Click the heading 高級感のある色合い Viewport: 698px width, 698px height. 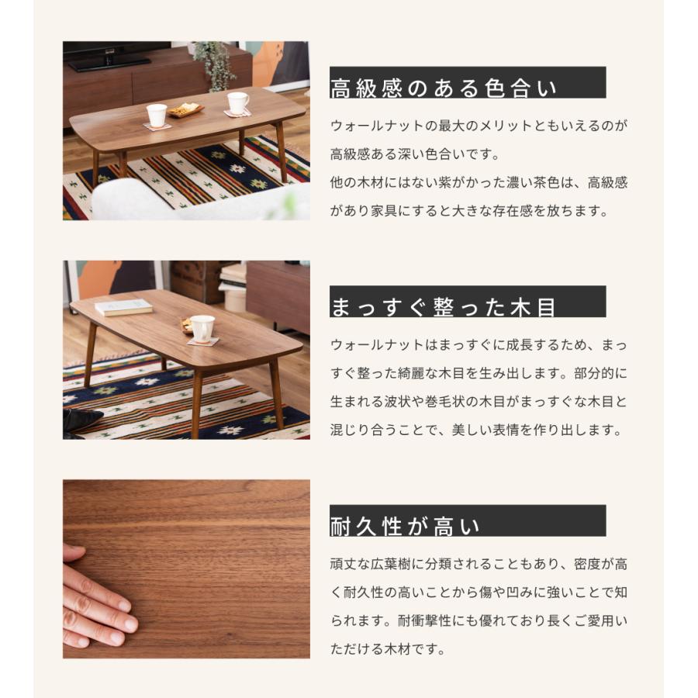click(x=444, y=88)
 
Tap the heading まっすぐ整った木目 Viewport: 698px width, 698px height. click(x=444, y=306)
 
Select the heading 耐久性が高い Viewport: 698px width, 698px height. click(x=405, y=526)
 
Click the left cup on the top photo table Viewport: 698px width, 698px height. click(x=157, y=115)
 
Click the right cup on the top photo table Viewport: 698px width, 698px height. click(x=238, y=103)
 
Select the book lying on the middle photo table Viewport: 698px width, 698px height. click(x=124, y=307)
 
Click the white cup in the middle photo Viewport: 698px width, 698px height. click(x=202, y=327)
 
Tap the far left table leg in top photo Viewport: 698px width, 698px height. click(x=95, y=167)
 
